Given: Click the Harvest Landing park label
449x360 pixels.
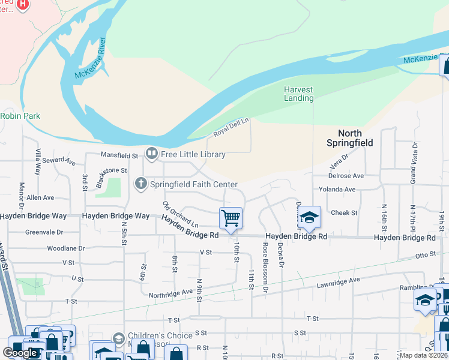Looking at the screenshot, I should [298, 94].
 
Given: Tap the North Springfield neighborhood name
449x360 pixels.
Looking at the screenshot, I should [350, 138].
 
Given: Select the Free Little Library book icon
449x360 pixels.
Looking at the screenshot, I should [152, 154].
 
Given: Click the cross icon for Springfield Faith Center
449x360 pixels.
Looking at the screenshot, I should [141, 184].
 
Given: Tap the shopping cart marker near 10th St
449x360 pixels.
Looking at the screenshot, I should [231, 218].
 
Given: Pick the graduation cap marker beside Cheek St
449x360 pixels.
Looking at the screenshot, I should [309, 217].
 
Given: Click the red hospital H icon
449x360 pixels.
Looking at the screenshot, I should [23, 5].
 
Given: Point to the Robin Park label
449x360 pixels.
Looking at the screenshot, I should [20, 115].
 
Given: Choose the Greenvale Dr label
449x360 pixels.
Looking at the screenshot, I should [44, 232].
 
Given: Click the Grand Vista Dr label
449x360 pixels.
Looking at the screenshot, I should [414, 163].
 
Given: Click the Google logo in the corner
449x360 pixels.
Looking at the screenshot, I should [20, 352].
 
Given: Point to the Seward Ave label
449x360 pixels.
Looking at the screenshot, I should [59, 161].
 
